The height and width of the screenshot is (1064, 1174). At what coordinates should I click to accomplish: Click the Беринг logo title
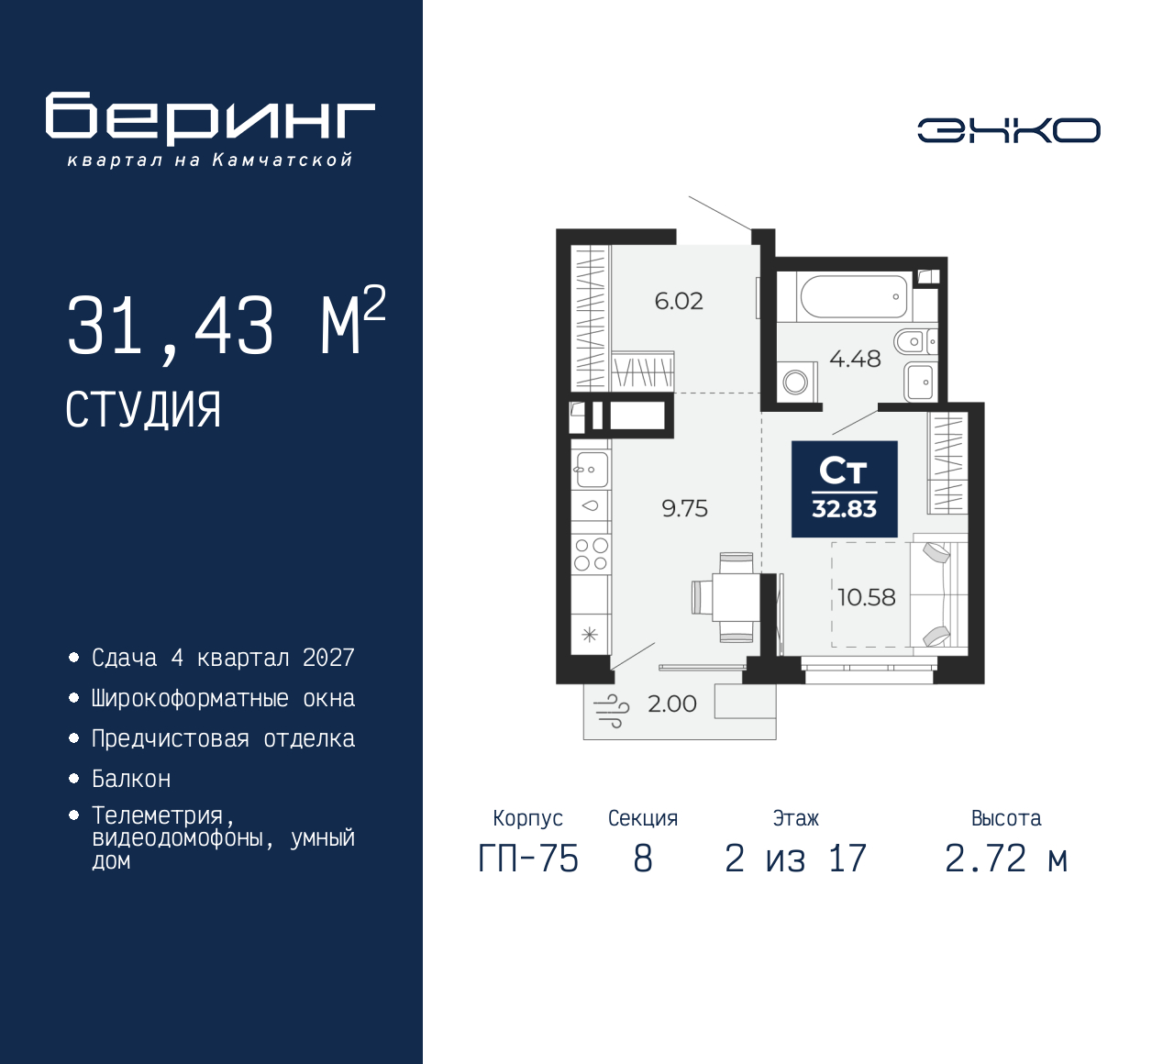tap(210, 119)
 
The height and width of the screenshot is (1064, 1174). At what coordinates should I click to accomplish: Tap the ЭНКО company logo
tap(1008, 130)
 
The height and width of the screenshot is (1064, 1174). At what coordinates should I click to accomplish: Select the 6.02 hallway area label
tap(679, 301)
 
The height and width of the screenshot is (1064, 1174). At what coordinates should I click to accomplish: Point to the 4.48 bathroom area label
tap(855, 359)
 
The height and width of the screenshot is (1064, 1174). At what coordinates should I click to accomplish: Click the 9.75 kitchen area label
tap(685, 508)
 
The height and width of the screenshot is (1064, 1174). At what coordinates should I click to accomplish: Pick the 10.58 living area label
tap(867, 597)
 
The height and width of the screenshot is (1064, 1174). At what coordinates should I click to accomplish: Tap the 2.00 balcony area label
tap(672, 704)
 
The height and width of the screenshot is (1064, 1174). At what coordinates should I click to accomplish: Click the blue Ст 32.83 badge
tap(844, 489)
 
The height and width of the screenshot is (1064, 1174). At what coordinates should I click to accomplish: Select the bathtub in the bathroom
tap(854, 297)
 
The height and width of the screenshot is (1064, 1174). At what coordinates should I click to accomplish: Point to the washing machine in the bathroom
tap(796, 382)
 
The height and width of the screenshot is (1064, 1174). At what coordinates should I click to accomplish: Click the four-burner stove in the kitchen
tap(591, 554)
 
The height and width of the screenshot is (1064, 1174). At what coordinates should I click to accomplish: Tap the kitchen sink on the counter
tap(592, 470)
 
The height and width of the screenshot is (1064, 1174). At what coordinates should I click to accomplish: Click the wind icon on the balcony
tap(612, 710)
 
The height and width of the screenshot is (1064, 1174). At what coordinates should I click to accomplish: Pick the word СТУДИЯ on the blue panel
tap(143, 410)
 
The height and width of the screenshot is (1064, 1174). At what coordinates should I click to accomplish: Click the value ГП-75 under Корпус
tap(528, 859)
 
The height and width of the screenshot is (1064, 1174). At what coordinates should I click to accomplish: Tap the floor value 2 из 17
tap(795, 859)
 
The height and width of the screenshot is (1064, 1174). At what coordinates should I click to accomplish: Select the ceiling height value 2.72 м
tap(1006, 859)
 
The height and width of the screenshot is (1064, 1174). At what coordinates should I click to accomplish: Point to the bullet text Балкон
tap(131, 779)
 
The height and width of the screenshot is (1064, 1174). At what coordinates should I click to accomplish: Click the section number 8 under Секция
tap(643, 859)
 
